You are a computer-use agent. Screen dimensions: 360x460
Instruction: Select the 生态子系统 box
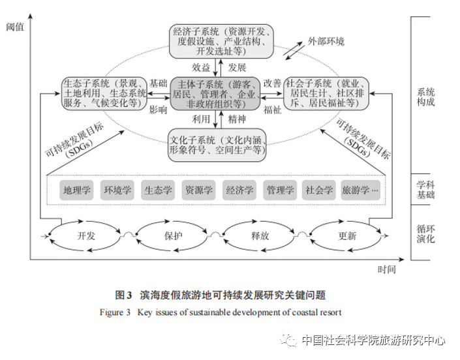[105, 93]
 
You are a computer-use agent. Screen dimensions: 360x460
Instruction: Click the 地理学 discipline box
[77, 190]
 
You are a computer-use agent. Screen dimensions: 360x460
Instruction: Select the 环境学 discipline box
[117, 190]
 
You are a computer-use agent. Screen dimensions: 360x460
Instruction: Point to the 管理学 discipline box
[279, 190]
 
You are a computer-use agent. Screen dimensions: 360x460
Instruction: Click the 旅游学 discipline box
[360, 190]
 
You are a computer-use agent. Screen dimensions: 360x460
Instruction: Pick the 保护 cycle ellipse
[174, 235]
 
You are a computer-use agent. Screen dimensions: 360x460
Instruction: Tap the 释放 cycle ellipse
[260, 235]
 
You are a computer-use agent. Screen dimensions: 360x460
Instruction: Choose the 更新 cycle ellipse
[347, 235]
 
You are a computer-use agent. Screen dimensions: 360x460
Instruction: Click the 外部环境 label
[326, 42]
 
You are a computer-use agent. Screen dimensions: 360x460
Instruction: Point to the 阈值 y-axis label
[14, 27]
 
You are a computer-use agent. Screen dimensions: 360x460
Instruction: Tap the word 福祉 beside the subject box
[272, 110]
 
